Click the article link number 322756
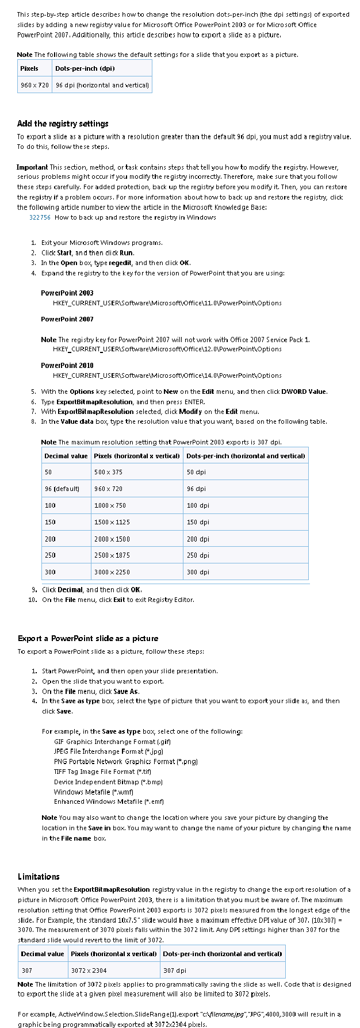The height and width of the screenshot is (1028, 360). tap(40, 217)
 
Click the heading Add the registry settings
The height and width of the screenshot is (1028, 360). tap(63, 124)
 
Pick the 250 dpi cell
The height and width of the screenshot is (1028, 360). tap(198, 555)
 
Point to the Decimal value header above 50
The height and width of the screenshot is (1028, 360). tap(66, 456)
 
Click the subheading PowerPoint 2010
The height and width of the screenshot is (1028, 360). tap(67, 366)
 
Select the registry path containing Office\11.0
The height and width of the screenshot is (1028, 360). tap(167, 303)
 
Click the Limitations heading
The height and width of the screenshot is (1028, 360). tap(39, 877)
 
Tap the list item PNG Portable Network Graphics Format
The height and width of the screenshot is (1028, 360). tap(125, 762)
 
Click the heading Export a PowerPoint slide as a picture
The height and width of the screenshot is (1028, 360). tap(88, 639)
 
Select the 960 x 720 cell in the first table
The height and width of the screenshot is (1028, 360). tap(35, 85)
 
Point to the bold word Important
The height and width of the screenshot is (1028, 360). tap(33, 167)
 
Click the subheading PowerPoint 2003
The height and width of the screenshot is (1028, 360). tap(67, 293)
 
